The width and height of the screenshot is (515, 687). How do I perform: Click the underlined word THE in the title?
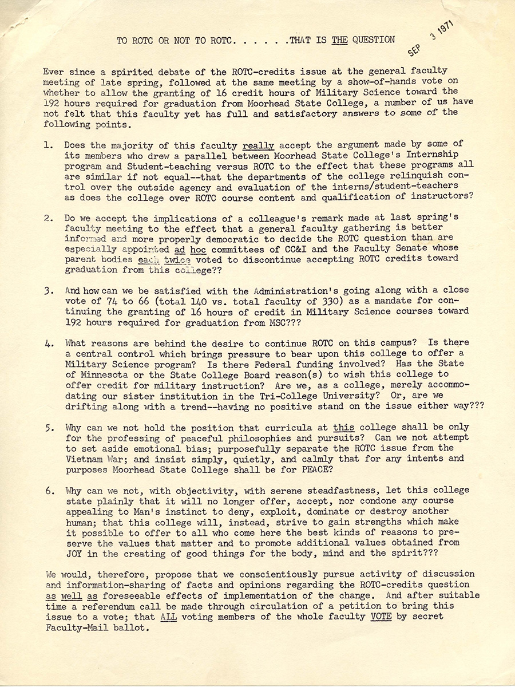[x=339, y=40]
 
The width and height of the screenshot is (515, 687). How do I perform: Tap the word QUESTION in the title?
[x=373, y=40]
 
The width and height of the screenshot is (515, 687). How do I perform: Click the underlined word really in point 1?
[x=259, y=145]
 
